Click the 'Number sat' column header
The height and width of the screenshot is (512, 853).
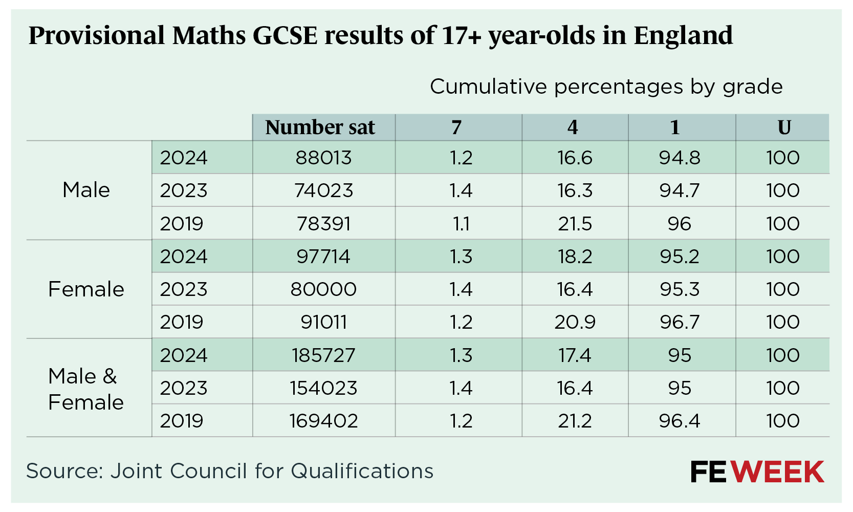coord(320,127)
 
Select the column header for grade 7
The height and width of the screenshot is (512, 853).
coord(456,127)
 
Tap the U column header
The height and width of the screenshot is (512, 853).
coord(784,127)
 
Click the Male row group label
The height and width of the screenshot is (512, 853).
coord(86,190)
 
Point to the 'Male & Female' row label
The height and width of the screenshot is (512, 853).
coord(86,389)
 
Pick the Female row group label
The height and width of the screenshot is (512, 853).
coord(86,289)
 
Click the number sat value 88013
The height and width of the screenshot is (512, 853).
coord(323,158)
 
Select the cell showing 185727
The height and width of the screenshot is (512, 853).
coord(323,355)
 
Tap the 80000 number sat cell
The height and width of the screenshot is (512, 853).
coord(323,289)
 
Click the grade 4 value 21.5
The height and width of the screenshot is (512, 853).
coord(575,224)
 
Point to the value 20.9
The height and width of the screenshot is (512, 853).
coord(575,322)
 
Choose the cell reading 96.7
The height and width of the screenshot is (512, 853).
coord(679,322)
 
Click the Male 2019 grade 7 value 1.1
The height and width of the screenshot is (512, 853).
coord(461,224)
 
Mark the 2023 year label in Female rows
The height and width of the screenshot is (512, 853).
coord(184,289)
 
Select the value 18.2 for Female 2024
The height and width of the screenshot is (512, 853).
coord(575,257)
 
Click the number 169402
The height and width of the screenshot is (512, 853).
coord(323,421)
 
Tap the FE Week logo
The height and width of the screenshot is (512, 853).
coord(757,472)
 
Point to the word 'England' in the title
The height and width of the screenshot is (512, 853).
coord(683,35)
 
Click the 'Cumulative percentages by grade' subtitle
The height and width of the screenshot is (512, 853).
coord(606,87)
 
